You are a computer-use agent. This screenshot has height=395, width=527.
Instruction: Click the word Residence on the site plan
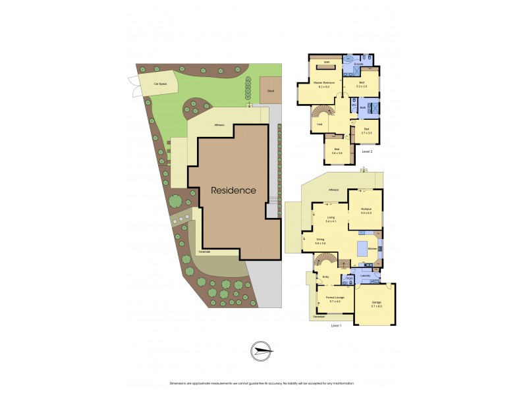(x=233, y=190)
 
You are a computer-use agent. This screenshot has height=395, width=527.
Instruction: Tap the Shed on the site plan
(x=270, y=91)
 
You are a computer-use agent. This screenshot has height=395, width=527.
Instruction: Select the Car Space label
(x=158, y=84)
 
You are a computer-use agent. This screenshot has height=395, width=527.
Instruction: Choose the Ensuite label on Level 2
(x=359, y=73)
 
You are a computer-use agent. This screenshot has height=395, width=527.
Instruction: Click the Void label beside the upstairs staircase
(x=319, y=124)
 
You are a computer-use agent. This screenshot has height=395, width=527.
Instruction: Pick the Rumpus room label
(x=366, y=211)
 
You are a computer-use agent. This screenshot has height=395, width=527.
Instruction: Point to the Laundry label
(x=366, y=275)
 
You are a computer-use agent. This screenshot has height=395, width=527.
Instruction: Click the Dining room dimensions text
(x=321, y=244)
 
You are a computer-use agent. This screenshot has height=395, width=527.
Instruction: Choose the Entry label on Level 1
(x=325, y=277)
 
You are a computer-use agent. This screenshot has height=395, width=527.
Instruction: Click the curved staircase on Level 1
(x=327, y=263)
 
